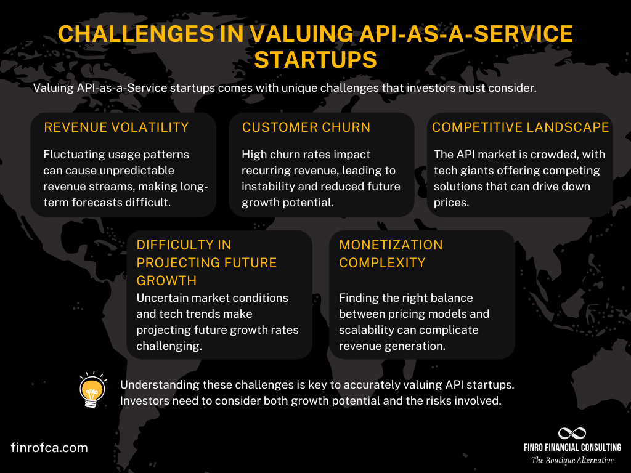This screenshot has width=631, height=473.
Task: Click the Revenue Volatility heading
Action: (116, 127)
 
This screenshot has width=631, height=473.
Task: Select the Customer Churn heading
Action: (306, 127)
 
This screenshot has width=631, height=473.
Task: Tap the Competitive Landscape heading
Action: (520, 127)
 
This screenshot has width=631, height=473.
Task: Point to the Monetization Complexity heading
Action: (391, 254)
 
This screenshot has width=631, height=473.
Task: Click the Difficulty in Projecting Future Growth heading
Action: (206, 262)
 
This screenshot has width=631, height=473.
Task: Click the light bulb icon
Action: (92, 390)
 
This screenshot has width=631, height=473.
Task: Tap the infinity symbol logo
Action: (572, 433)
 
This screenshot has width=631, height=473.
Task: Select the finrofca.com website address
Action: (49, 448)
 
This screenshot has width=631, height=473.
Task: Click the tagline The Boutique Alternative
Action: (572, 461)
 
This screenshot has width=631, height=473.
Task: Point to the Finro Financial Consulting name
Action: (572, 447)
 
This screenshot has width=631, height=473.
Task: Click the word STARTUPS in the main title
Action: (315, 60)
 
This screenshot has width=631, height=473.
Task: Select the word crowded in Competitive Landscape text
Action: (551, 154)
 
